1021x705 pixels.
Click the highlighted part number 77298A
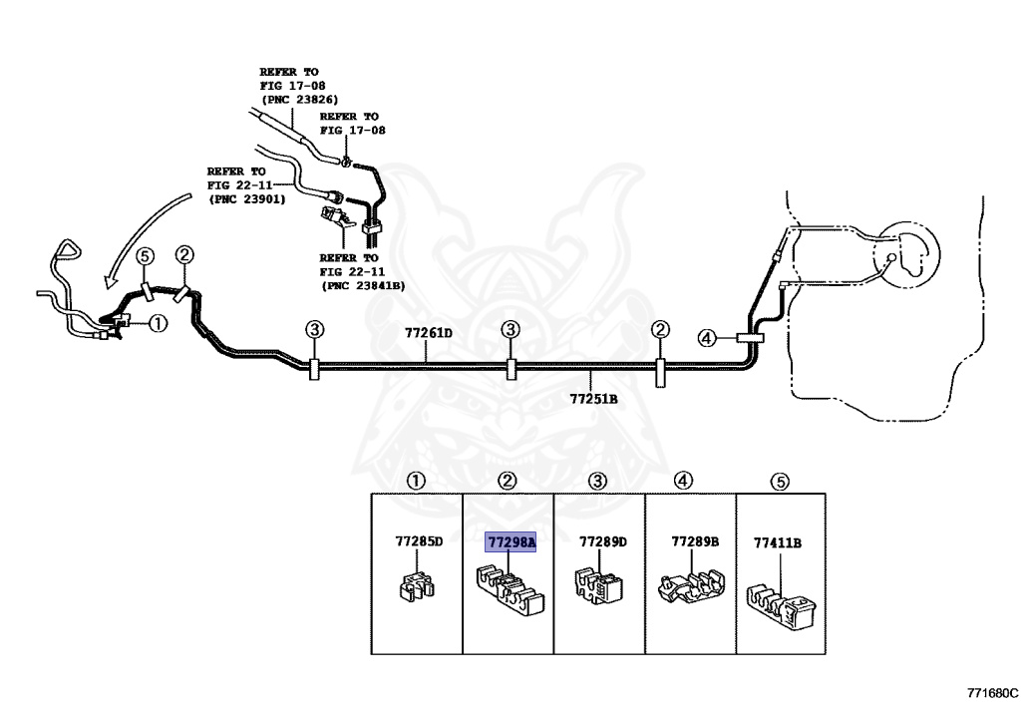pyautogui.click(x=510, y=541)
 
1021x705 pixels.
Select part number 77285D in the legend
pyautogui.click(x=419, y=541)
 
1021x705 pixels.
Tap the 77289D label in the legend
pyautogui.click(x=603, y=541)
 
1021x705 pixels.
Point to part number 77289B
pyautogui.click(x=695, y=541)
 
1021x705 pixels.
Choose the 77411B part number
pyautogui.click(x=778, y=542)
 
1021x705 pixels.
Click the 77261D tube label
pyautogui.click(x=429, y=333)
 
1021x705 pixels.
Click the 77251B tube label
pyautogui.click(x=593, y=399)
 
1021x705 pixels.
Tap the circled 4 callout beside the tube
pyautogui.click(x=707, y=338)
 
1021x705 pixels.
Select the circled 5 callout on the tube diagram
pyautogui.click(x=146, y=256)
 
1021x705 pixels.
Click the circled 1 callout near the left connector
pyautogui.click(x=159, y=323)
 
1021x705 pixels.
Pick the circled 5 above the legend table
pyautogui.click(x=780, y=482)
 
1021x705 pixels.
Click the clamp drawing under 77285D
pyautogui.click(x=416, y=585)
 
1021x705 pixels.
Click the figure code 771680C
pyautogui.click(x=992, y=693)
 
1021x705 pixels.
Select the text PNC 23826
pyautogui.click(x=299, y=100)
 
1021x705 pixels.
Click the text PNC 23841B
pyautogui.click(x=363, y=285)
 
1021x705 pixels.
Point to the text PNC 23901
pyautogui.click(x=247, y=199)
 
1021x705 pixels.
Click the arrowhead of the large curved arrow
pyautogui.click(x=110, y=281)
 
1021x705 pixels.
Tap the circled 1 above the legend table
pyautogui.click(x=416, y=481)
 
